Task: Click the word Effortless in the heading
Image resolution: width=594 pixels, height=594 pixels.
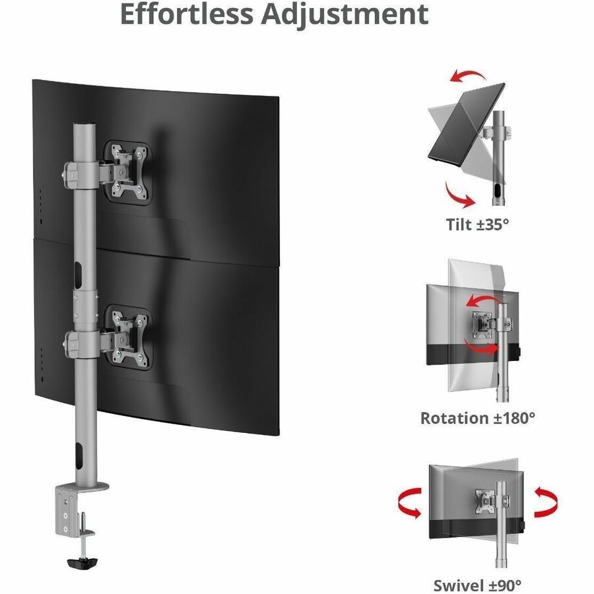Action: tap(186, 14)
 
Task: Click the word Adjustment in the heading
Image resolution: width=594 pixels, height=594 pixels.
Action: tap(345, 16)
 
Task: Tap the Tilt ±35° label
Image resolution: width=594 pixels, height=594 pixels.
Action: tap(477, 224)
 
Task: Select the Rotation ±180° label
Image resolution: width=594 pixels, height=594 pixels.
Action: tap(478, 418)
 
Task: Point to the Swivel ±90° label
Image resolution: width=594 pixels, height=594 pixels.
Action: tap(477, 585)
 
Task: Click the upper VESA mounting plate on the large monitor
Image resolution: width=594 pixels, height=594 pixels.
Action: tap(127, 173)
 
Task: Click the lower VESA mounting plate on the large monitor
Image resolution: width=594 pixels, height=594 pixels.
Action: tap(128, 337)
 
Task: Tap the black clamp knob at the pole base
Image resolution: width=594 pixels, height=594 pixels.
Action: tap(82, 562)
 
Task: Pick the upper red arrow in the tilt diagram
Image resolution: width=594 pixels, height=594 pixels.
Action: tap(467, 75)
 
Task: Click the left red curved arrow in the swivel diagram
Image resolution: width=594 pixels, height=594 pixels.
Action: tap(409, 503)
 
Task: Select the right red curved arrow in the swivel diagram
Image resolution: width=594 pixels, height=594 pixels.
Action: tap(546, 503)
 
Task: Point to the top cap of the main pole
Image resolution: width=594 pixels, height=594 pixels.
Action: tap(85, 125)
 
